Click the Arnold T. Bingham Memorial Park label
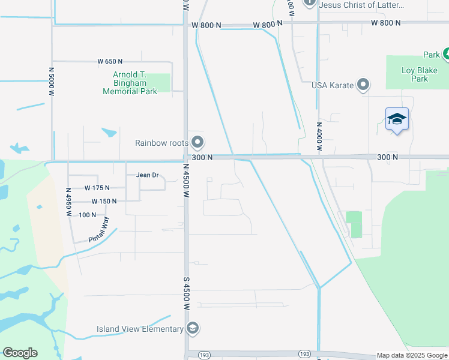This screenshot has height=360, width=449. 130,83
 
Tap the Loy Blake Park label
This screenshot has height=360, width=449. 415,74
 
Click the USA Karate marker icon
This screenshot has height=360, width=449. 363,85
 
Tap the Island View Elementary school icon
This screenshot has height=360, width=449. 193,328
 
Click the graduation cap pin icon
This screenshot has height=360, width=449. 397,119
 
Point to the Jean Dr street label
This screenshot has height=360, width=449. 147,175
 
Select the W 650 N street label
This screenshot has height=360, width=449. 110,61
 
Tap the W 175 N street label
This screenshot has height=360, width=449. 98,188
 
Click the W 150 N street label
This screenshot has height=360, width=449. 104,201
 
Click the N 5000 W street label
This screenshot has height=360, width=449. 52,81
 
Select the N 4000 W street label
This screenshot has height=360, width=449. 319,137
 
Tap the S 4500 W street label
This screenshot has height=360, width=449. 185,292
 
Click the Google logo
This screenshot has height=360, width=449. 20,353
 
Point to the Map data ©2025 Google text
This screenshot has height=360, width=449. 412,355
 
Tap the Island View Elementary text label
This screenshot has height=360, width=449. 140,329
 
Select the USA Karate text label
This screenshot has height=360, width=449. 333,85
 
